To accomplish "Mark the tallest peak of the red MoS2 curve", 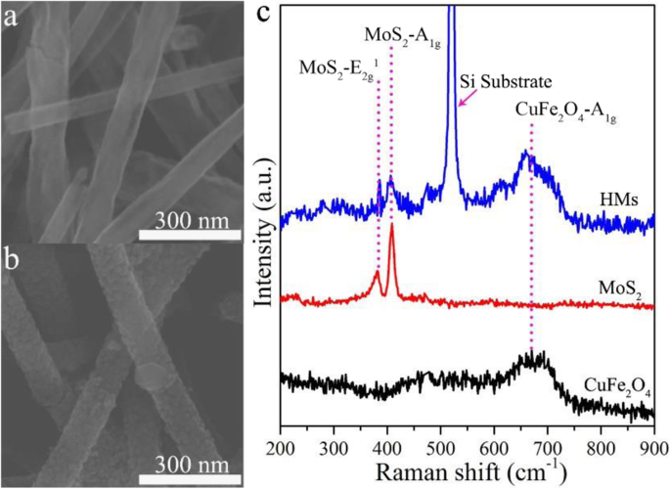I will click(392, 227).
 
